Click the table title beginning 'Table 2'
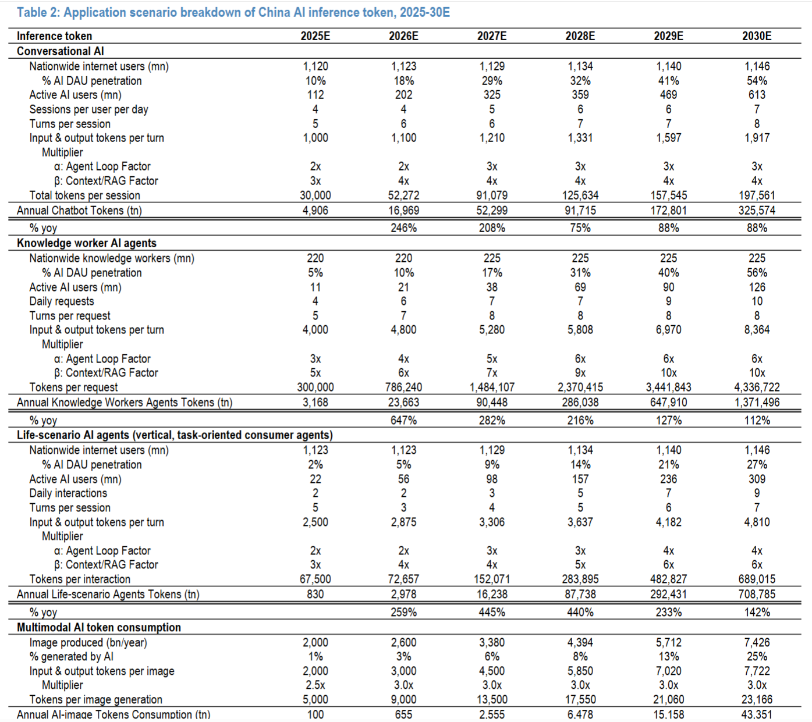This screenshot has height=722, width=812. pyautogui.click(x=233, y=12)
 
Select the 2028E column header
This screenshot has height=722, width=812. pyautogui.click(x=580, y=36)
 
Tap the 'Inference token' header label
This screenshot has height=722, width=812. pyautogui.click(x=54, y=36)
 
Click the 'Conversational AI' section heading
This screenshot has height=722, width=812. pyautogui.click(x=60, y=51)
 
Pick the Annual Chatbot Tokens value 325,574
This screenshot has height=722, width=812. pyautogui.click(x=757, y=211)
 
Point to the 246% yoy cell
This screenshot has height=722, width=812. pyautogui.click(x=403, y=228)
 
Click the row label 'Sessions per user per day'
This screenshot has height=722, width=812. pyautogui.click(x=88, y=109)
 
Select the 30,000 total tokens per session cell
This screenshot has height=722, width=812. pyautogui.click(x=315, y=195)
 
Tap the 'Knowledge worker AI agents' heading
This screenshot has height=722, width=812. pyautogui.click(x=86, y=243)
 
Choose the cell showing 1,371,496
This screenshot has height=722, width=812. pyautogui.click(x=757, y=403)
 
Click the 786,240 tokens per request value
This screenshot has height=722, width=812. pyautogui.click(x=403, y=387)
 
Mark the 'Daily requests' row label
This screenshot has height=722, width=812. pyautogui.click(x=62, y=301)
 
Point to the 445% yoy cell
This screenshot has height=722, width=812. pyautogui.click(x=492, y=613)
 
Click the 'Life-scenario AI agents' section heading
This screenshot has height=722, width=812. pyautogui.click(x=175, y=435)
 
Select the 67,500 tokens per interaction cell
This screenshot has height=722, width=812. pyautogui.click(x=315, y=579)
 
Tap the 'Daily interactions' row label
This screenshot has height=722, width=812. pyautogui.click(x=68, y=493)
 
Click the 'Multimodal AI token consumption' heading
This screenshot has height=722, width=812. pyautogui.click(x=99, y=628)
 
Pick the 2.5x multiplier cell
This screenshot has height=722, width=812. pyautogui.click(x=315, y=685)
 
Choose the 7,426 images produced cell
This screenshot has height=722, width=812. pyautogui.click(x=757, y=643)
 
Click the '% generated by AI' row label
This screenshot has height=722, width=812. pyautogui.click(x=72, y=657)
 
